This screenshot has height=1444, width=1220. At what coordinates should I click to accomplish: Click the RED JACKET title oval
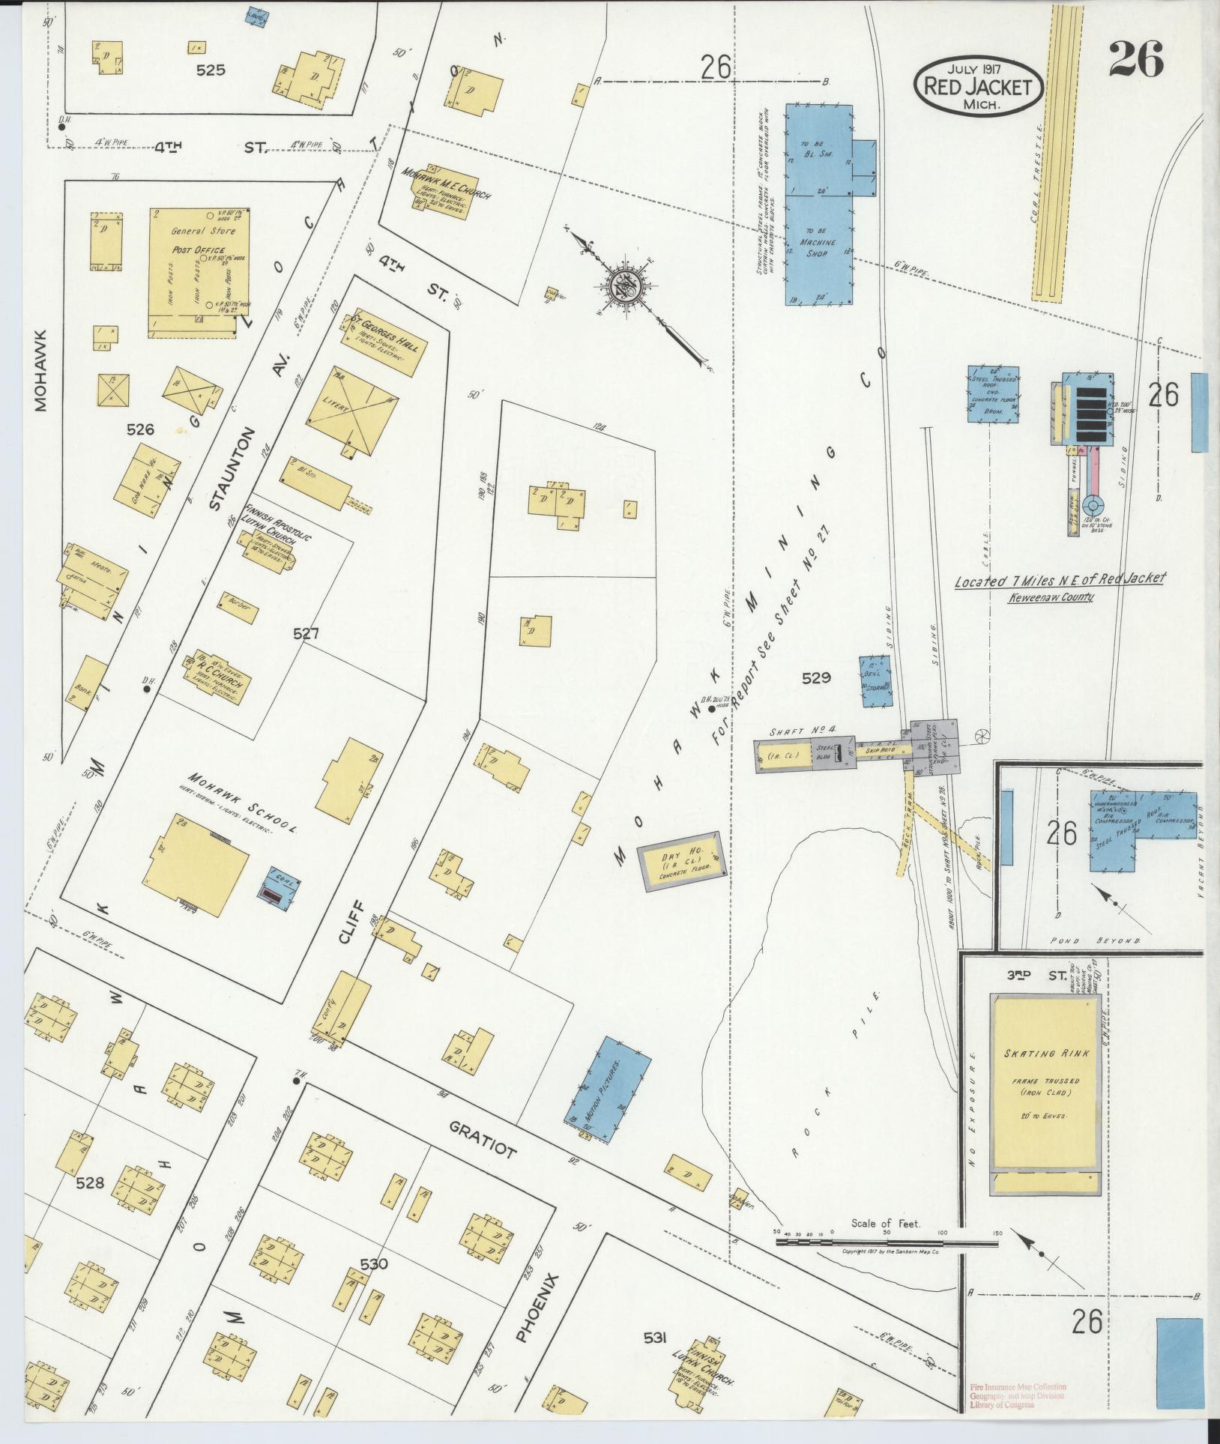point(977,85)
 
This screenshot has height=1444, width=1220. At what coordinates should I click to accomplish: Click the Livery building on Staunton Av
point(353,410)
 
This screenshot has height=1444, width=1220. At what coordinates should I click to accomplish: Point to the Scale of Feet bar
point(887,1242)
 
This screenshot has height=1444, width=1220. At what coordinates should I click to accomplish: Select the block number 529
point(815,677)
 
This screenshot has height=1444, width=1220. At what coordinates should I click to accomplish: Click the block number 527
point(306,633)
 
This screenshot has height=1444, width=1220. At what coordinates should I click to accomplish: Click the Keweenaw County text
point(1050,597)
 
